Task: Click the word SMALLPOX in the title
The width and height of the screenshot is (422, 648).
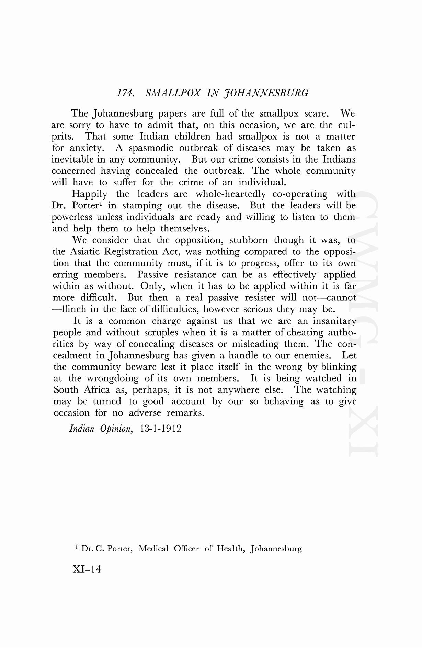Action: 173,93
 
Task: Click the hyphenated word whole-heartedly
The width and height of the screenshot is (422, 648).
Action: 231,194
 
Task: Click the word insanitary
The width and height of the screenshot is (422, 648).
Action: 334,321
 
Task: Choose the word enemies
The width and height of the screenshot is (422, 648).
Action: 312,356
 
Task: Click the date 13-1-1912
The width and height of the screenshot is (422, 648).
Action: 161,429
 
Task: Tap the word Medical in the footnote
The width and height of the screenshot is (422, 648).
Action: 153,549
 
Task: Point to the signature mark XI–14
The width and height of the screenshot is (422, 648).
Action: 87,569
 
